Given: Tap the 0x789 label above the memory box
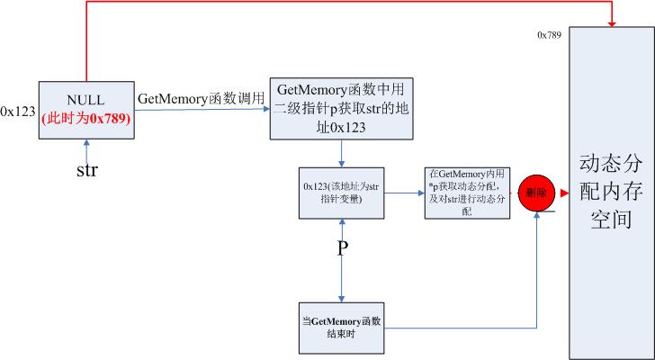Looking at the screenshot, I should pos(550,34).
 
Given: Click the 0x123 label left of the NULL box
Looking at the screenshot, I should pos(18,112).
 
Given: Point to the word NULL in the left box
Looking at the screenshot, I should pos(86,100).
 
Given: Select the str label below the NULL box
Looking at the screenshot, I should pos(86,168).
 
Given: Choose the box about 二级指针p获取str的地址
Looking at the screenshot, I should pos(341,109).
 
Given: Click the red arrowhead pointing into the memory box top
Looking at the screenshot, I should pos(613,22).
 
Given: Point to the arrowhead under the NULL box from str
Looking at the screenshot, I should pos(86,142).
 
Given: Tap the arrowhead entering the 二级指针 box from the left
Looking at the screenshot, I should pos(265,110).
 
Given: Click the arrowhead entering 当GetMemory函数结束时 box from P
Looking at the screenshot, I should pos(341,298).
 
